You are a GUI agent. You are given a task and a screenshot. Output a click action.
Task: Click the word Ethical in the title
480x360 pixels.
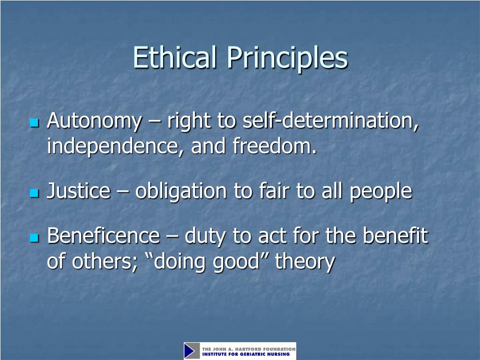click(176, 58)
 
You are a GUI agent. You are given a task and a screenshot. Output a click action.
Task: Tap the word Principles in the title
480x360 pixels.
click(288, 58)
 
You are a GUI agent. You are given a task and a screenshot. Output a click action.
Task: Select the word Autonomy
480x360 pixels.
click(94, 121)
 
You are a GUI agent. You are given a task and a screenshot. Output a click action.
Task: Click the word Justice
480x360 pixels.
click(78, 191)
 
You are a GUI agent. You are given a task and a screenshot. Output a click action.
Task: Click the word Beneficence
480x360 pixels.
click(103, 236)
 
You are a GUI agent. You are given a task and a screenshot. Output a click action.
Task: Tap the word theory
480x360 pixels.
click(305, 261)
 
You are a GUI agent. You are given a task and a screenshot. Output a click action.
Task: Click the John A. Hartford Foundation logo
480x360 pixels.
click(240, 351)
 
